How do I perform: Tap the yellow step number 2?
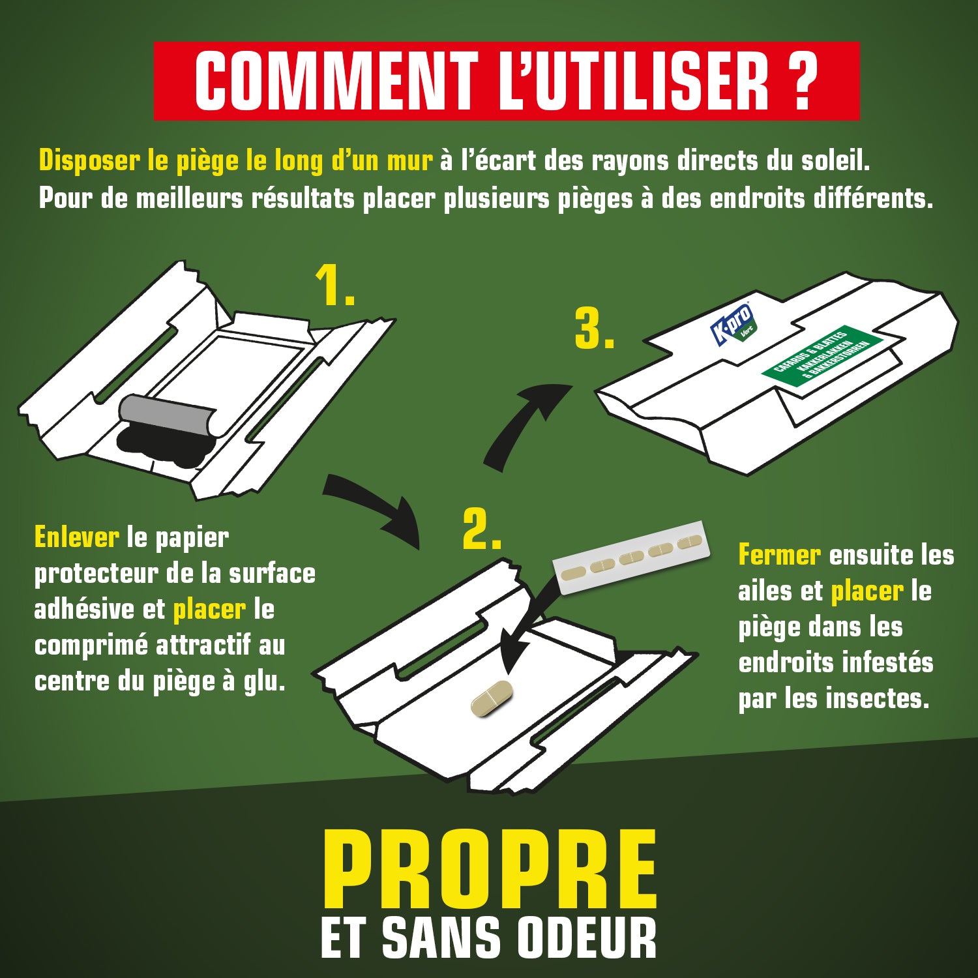(481, 529)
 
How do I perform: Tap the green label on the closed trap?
(822, 357)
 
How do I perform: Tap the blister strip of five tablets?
(629, 559)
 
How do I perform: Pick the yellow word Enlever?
(76, 538)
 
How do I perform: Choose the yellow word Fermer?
(779, 556)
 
